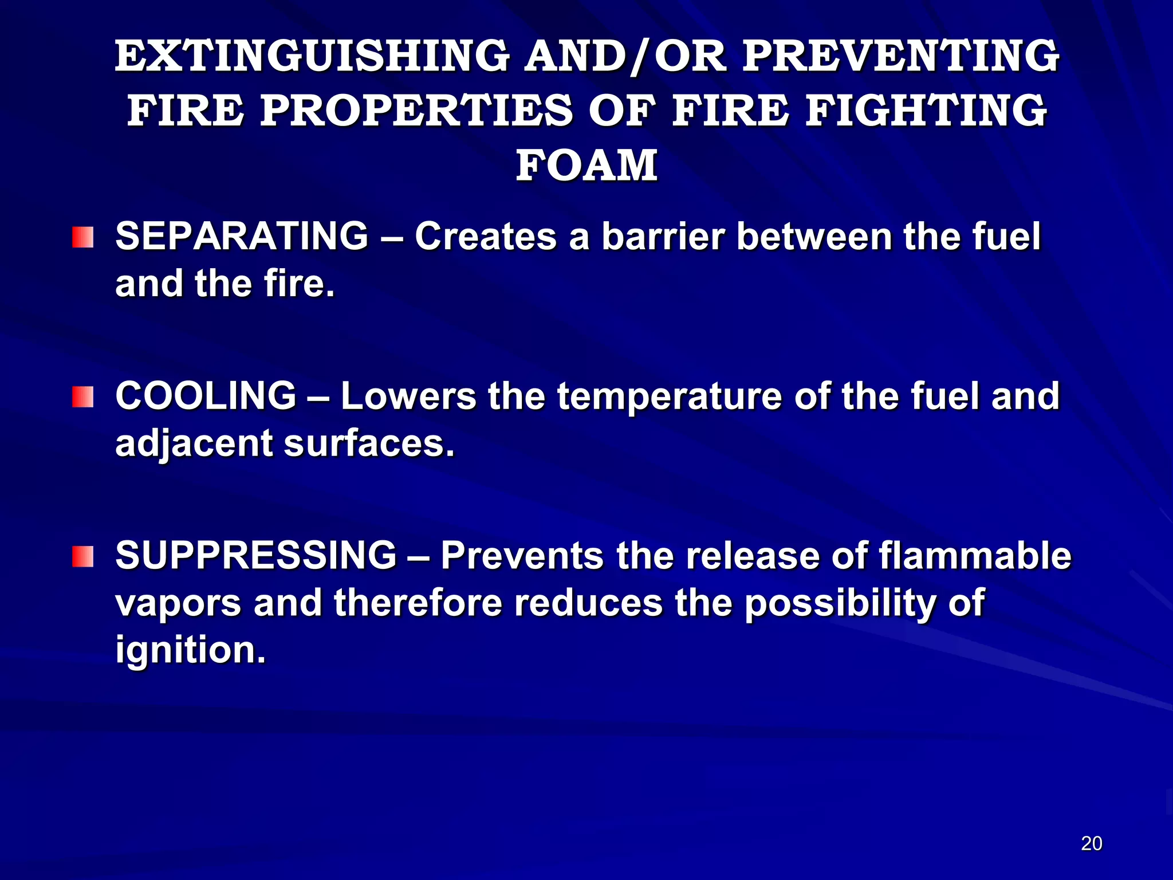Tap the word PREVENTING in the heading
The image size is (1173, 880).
[x=900, y=56]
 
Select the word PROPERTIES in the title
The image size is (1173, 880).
[x=416, y=111]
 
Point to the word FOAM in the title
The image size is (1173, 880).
[x=586, y=166]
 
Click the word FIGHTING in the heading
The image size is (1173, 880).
[x=926, y=111]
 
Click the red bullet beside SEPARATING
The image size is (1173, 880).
[x=82, y=237]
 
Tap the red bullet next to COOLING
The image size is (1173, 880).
[x=82, y=396]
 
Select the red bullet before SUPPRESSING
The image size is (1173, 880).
[x=82, y=556]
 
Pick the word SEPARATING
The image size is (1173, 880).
[x=242, y=236]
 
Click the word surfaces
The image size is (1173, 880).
[x=369, y=443]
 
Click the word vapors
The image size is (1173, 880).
[x=178, y=604]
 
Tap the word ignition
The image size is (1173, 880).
[x=191, y=650]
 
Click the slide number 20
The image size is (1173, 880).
[x=1092, y=844]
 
